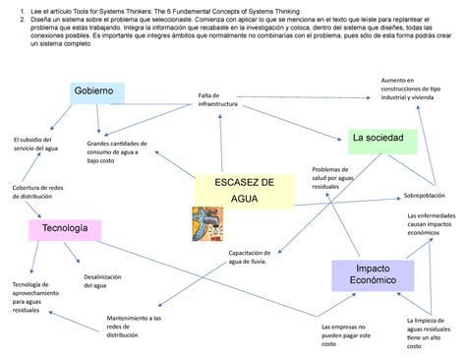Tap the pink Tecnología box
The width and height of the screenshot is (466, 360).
point(67,229)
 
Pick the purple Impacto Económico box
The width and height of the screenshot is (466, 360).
point(370,273)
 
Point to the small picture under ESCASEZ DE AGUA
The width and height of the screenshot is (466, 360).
point(205,224)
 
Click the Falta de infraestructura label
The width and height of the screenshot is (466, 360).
point(217,99)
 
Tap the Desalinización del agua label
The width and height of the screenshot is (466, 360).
point(102,281)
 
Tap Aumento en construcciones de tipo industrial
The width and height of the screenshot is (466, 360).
point(412,92)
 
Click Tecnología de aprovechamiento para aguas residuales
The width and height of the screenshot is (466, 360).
point(36,296)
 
